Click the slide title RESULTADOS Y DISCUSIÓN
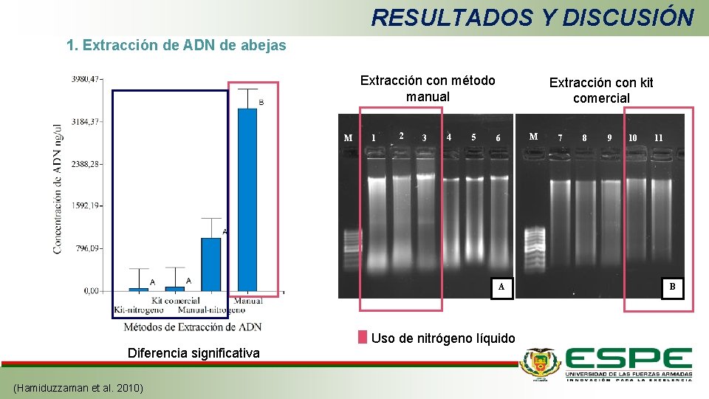(532, 17)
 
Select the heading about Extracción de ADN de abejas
(176, 46)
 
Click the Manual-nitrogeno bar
(211, 264)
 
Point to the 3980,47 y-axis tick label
(86, 78)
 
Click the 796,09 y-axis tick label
(87, 248)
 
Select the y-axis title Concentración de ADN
(58, 189)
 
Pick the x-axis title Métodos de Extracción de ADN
(192, 327)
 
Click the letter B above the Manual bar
(261, 102)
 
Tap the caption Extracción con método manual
(428, 89)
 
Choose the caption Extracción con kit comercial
(601, 90)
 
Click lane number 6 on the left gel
(499, 138)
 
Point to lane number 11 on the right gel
(658, 138)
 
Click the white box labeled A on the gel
(501, 287)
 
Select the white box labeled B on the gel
(672, 287)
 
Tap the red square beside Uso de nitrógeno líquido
(363, 338)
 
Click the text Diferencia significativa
(193, 353)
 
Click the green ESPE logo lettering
(628, 360)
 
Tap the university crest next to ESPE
(540, 363)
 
